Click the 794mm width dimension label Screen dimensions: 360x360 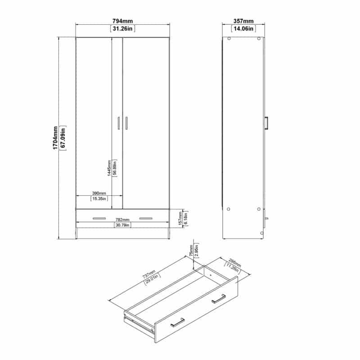pos(122,21)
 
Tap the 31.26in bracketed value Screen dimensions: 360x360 pos(122,29)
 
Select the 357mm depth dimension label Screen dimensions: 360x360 pos(243,21)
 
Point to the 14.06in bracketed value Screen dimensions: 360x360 pos(243,29)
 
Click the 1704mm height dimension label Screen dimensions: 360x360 pos(55,138)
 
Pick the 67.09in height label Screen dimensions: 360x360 pos(63,138)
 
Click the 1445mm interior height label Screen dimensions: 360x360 pos(109,168)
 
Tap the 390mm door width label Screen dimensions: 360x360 pos(99,193)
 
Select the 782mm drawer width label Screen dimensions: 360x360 pos(122,220)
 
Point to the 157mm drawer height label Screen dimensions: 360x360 pos(180,218)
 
